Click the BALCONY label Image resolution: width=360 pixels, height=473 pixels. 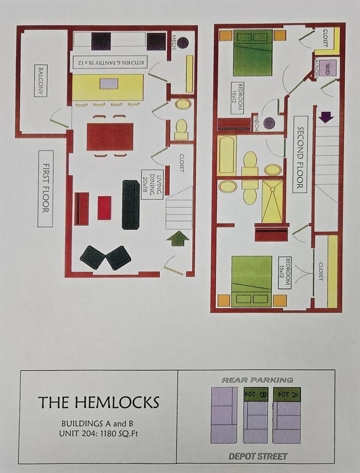pos(41,80)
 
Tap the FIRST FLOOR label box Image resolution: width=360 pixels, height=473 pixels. pos(46,189)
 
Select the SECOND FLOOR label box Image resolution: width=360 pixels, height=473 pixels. pos(300,154)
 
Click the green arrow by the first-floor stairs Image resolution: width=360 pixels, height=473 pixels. pos(178,238)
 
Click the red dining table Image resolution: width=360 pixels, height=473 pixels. pos(110,137)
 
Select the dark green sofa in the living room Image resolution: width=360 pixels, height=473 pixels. pos(131,205)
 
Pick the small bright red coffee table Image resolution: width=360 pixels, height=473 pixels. pos(104,208)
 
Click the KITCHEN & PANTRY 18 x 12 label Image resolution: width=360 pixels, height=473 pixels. pos(110,62)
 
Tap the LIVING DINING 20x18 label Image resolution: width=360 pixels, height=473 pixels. pos(152,184)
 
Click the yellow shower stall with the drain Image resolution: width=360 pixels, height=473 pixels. pos(273,201)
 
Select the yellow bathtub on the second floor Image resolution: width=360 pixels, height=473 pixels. pos(227,155)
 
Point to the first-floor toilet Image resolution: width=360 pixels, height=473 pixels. pos(181,130)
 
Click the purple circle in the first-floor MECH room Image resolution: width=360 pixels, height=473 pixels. pos(183,42)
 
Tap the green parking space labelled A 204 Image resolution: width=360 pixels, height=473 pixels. pos(287,394)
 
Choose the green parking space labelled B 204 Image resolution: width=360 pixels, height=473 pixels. pos(255,394)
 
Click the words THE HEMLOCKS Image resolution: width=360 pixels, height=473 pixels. pos(99,402)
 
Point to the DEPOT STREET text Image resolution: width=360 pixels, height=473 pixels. pos(258,456)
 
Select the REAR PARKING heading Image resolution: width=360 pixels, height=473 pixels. pos(257,380)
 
